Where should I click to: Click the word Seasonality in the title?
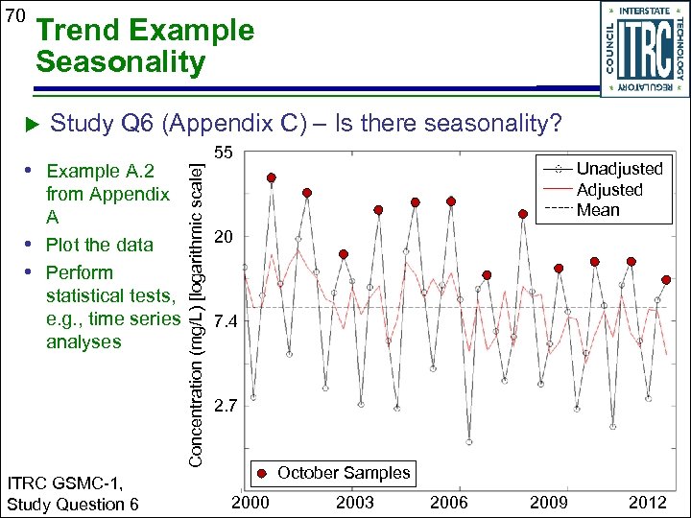tap(120, 63)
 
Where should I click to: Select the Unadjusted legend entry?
tap(619, 169)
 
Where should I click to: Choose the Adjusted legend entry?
tap(609, 190)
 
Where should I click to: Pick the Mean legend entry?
tap(598, 210)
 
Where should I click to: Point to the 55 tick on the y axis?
tap(223, 153)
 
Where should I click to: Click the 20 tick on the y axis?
tap(223, 237)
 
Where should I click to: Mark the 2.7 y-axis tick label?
tap(226, 408)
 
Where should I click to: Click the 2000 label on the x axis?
tap(251, 503)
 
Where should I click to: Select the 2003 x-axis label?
tap(356, 503)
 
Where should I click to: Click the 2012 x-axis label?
tap(648, 503)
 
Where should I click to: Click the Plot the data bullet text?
tap(99, 245)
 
